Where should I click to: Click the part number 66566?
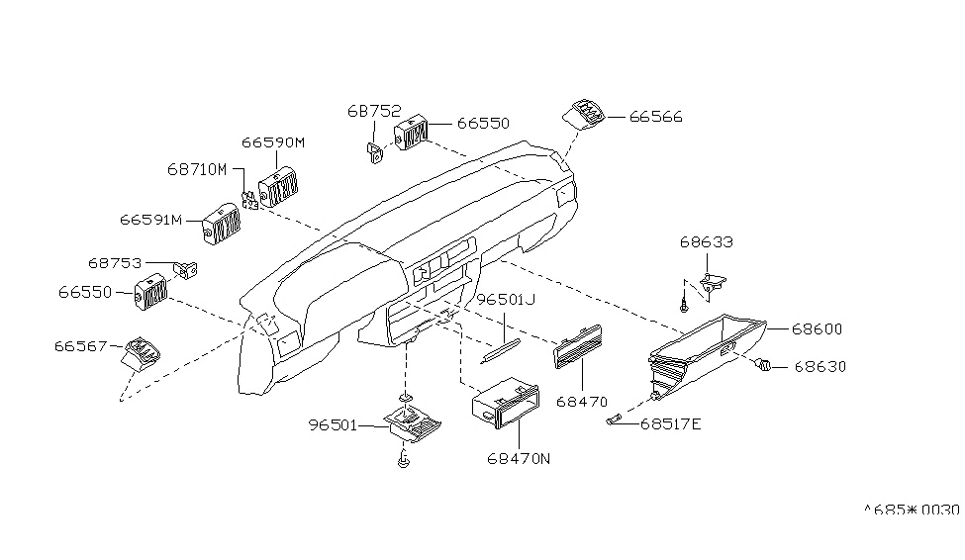pos(656,117)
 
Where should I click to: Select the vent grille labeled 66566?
pos(583,115)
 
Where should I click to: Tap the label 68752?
pos(374,111)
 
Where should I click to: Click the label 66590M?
pos(273,142)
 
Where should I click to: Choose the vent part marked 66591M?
pos(221,224)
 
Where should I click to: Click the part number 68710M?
pos(198,169)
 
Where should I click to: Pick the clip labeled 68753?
pos(187,269)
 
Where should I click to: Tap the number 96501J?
pos(506,300)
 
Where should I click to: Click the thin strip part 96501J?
pos(501,350)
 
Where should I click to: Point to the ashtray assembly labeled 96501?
pos(413,424)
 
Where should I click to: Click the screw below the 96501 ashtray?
pos(404,458)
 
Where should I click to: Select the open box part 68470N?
pos(506,403)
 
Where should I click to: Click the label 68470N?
pos(519,458)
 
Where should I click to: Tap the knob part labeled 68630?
pos(763,365)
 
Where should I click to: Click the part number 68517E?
pos(671,424)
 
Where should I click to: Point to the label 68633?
pos(707,241)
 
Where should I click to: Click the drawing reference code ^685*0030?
pos(912,510)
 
